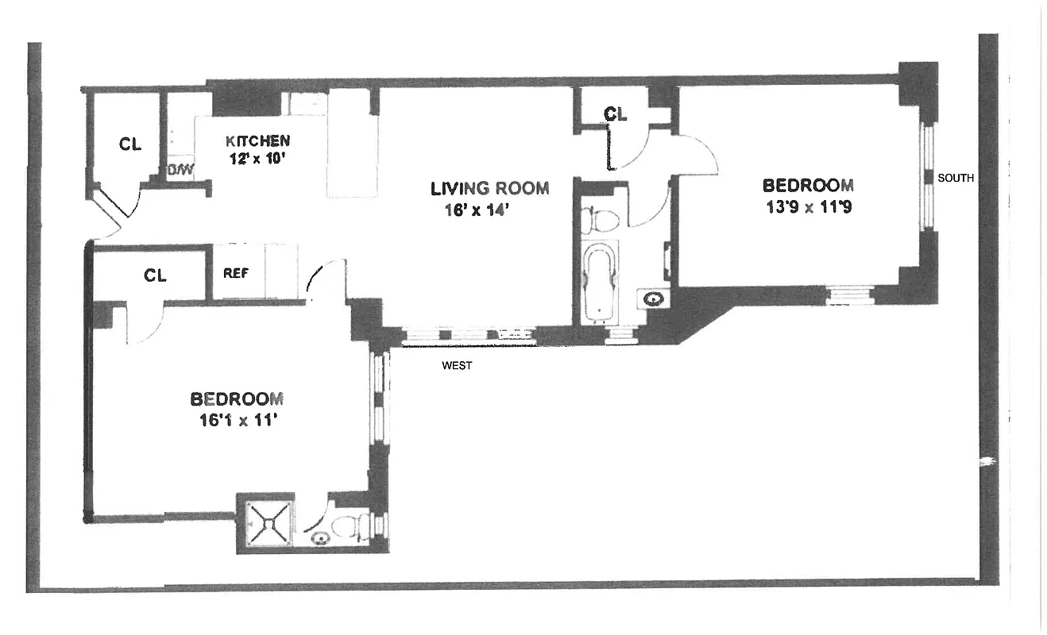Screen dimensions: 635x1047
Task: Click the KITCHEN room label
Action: (x=257, y=140)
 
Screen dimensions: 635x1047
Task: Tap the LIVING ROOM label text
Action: (x=489, y=188)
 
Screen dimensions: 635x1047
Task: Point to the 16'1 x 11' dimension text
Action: (x=237, y=421)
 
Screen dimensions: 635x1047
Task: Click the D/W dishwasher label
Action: (x=176, y=169)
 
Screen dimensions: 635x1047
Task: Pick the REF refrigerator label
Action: (x=236, y=273)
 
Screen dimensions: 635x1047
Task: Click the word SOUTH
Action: (x=955, y=178)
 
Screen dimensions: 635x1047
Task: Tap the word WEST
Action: (x=457, y=366)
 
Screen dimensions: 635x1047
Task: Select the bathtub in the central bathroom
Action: (x=601, y=282)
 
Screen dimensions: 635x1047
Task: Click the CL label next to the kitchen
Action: (x=130, y=144)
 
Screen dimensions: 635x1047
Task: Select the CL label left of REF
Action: (x=155, y=275)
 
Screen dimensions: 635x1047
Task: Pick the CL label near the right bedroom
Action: (x=615, y=114)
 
